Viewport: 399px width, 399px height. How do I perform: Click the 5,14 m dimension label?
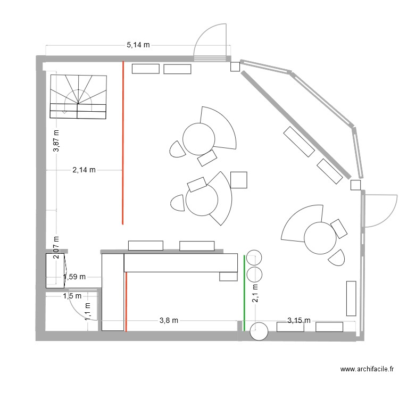tap(138, 46)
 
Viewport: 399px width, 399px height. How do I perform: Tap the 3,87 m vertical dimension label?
tap(56, 142)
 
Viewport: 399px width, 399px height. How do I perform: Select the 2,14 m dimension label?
tap(84, 170)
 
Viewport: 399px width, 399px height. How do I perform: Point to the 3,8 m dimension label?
tap(169, 320)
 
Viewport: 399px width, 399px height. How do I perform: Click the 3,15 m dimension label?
tap(298, 320)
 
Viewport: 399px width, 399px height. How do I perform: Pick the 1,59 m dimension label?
tap(74, 277)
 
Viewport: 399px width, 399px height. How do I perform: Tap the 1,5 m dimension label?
tap(72, 296)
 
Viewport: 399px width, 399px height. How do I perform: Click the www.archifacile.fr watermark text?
tap(367, 369)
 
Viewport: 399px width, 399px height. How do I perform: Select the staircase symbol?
tap(79, 96)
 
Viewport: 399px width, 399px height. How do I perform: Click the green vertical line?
tap(244, 293)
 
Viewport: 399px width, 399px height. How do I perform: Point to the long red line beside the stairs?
tap(123, 143)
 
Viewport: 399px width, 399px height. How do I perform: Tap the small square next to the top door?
tap(235, 66)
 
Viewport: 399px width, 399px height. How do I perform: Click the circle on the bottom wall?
tap(259, 331)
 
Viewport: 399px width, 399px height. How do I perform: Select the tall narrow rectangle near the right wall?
tap(351, 298)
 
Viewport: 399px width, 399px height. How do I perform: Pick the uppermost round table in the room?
tap(199, 138)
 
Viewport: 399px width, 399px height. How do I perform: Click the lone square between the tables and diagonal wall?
tap(239, 180)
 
